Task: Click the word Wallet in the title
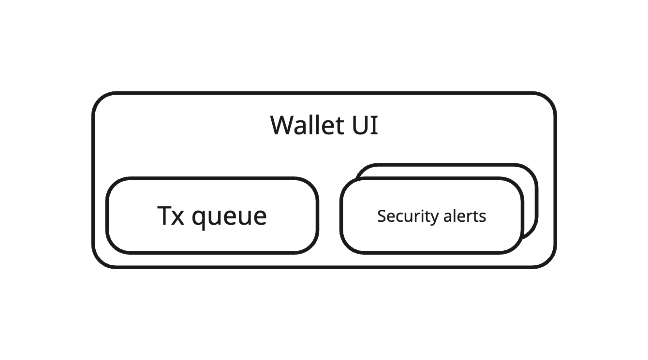(307, 125)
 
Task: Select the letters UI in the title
(365, 126)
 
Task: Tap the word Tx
(170, 216)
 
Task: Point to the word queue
(229, 217)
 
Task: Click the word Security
(408, 216)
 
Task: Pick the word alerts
(465, 216)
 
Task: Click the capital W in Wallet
(283, 126)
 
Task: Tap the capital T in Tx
(164, 216)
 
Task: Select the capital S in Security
(382, 216)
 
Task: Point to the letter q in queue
(198, 219)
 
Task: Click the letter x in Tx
(178, 218)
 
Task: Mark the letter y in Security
(434, 219)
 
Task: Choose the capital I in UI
(375, 126)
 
